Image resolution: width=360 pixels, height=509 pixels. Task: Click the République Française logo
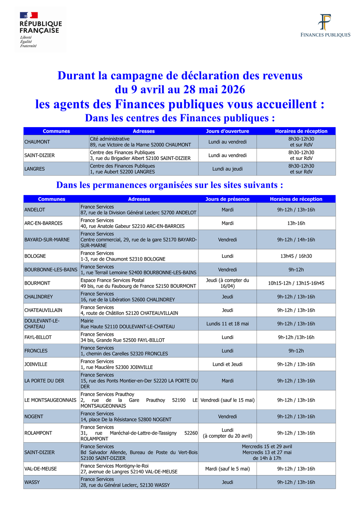[41, 30]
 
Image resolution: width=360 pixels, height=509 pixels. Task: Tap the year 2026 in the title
[230, 89]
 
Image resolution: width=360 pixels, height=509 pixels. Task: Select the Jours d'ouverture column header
[227, 131]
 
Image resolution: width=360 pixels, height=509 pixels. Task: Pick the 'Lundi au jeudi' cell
[227, 169]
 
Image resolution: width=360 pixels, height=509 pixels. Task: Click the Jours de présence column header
[227, 199]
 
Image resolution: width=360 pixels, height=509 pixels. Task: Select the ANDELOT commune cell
[35, 210]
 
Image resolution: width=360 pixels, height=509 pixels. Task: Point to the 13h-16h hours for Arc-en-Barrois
[296, 223]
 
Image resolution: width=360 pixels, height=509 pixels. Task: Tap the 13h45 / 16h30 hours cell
[296, 256]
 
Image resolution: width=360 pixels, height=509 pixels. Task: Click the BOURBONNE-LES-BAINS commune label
[51, 269]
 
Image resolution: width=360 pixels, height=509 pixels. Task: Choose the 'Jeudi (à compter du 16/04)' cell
[227, 283]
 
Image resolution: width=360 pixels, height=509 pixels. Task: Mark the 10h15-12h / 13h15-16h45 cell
[296, 283]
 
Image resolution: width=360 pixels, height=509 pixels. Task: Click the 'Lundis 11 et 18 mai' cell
[227, 323]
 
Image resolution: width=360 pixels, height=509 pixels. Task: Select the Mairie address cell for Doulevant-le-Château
[128, 323]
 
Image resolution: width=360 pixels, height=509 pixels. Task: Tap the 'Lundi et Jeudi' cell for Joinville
[227, 364]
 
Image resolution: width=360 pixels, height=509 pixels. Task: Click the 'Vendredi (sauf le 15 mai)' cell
[227, 400]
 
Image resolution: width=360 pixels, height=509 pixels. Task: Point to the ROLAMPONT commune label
[38, 433]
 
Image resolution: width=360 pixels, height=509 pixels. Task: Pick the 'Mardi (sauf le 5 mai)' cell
[227, 469]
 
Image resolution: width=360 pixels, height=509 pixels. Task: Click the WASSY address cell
[125, 482]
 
